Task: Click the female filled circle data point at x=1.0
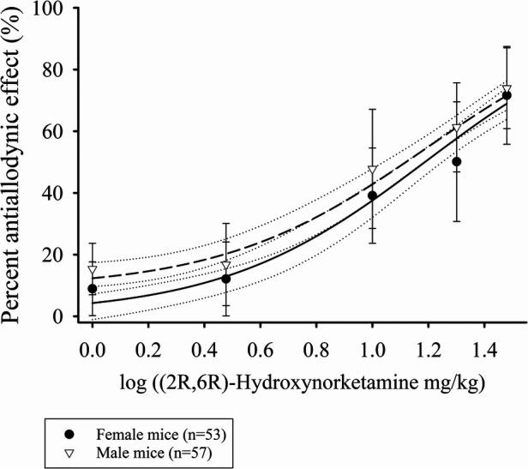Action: (372, 195)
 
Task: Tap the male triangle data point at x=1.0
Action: (372, 171)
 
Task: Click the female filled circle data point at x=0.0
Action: (93, 289)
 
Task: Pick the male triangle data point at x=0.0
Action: (93, 270)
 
